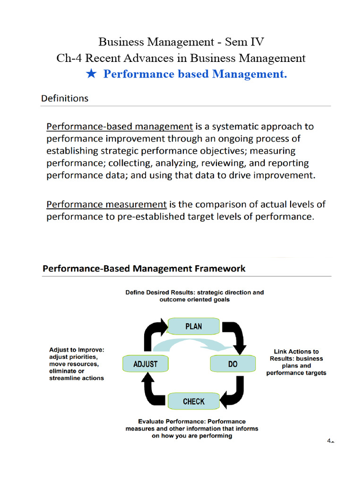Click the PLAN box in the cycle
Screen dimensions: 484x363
click(x=194, y=326)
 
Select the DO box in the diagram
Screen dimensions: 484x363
click(x=233, y=364)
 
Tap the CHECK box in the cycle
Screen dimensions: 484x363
click(x=194, y=401)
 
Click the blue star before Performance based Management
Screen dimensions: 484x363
click(x=92, y=74)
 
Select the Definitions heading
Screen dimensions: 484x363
click(x=65, y=99)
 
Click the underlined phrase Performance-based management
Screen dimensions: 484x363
click(x=119, y=127)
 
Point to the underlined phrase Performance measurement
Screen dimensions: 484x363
click(x=106, y=205)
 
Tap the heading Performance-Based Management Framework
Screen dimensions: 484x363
click(x=144, y=269)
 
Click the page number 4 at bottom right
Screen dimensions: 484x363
click(x=329, y=441)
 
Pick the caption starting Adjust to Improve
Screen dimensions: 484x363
click(x=77, y=364)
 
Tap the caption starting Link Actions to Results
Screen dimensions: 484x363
click(x=296, y=362)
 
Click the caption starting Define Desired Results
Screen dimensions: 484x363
click(x=194, y=296)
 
